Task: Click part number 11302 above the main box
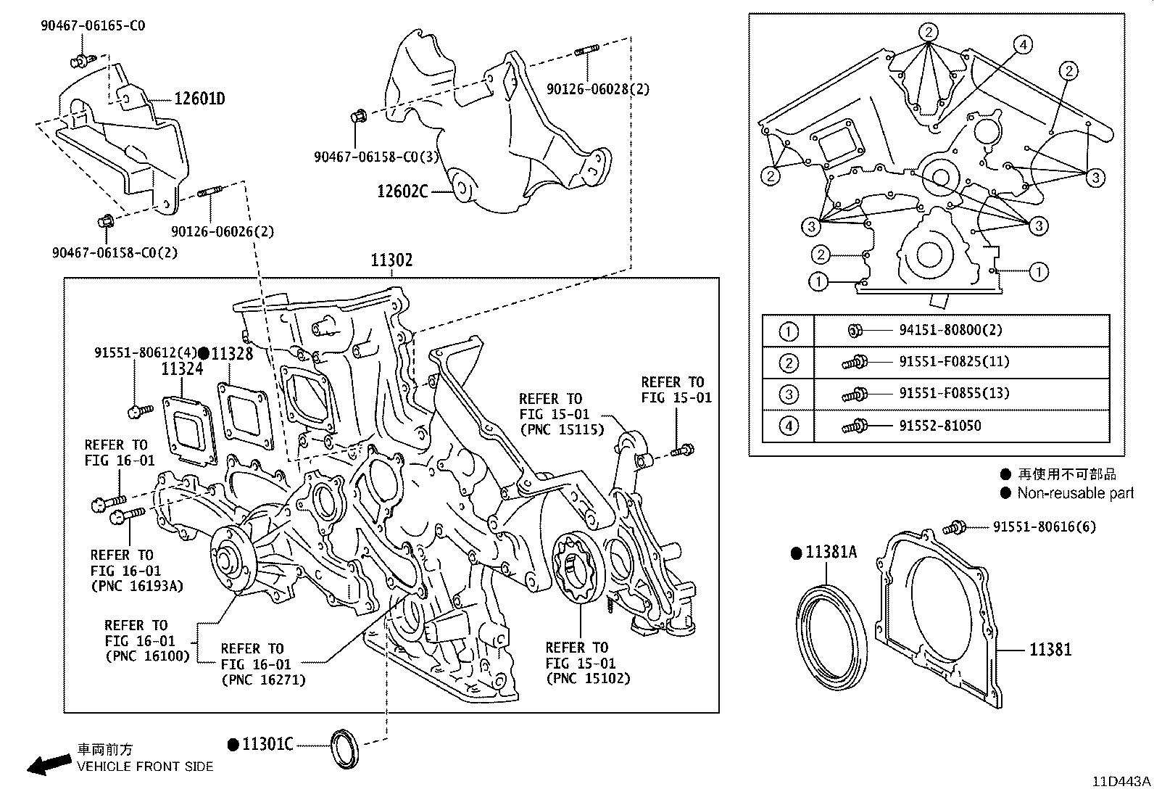[x=391, y=260]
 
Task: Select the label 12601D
[x=199, y=99]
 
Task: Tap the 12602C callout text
[x=402, y=191]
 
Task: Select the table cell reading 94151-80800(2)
[x=950, y=330]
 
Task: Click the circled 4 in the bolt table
[x=788, y=426]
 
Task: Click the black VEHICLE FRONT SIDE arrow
[x=48, y=764]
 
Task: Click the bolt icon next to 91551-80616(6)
[x=958, y=526]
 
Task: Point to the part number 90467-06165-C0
[x=93, y=25]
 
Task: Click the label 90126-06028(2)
[x=598, y=88]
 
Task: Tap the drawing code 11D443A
[x=1121, y=781]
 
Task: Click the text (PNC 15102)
[x=588, y=679]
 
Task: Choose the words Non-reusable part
[x=1075, y=493]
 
